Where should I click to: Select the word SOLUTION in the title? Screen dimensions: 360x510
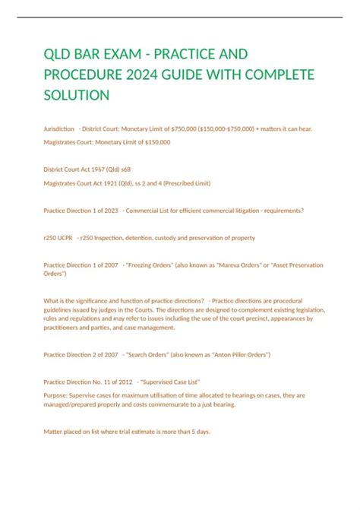77,94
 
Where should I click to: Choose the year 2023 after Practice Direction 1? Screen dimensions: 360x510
108,211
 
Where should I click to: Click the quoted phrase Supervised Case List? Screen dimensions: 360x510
163,382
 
